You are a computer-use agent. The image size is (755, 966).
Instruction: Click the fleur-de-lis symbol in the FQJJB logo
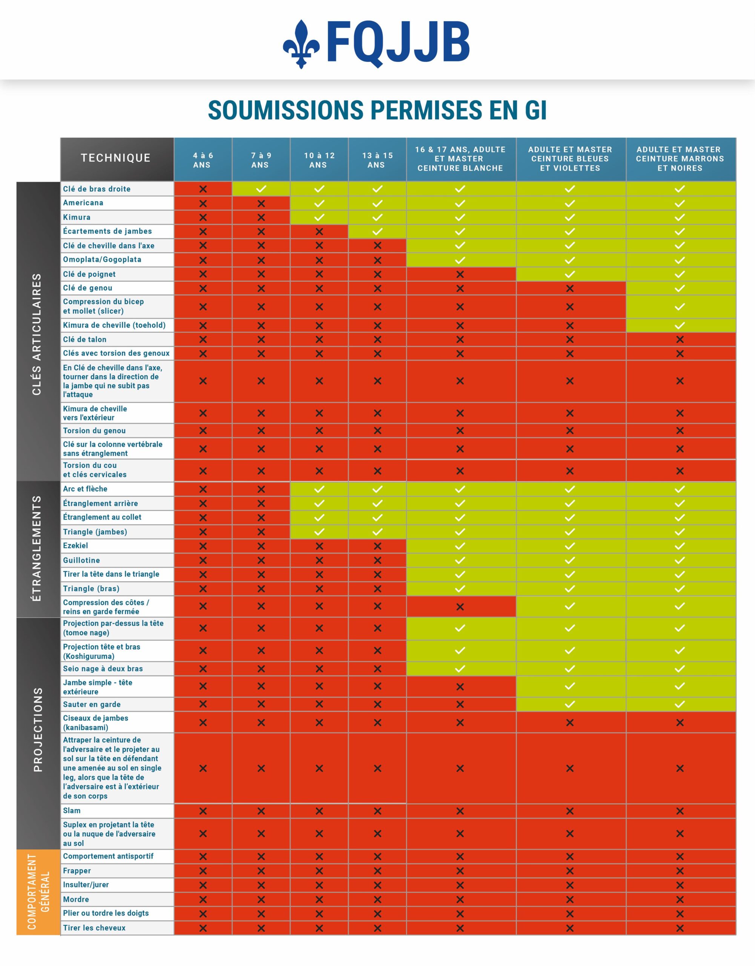[x=301, y=44]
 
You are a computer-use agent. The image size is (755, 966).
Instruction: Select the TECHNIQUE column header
[x=116, y=158]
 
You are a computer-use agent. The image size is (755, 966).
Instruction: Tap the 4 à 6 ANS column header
[x=203, y=160]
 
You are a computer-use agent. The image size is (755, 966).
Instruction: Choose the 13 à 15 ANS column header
[x=377, y=160]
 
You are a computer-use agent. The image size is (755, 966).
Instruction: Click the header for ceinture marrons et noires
[x=680, y=159]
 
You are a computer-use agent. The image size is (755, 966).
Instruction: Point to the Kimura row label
[x=77, y=217]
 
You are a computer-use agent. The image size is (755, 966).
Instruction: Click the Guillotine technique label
[x=81, y=560]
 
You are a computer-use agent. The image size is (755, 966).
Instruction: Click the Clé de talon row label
[x=84, y=339]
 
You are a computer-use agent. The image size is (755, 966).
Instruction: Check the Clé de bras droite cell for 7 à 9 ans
[x=261, y=189]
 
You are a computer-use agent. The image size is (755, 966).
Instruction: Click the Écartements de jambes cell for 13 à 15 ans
[x=377, y=231]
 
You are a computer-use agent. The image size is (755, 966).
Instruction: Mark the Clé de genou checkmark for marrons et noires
[x=680, y=288]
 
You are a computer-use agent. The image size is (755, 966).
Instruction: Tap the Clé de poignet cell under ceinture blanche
[x=460, y=274]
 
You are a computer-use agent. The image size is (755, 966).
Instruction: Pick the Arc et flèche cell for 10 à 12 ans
[x=319, y=489]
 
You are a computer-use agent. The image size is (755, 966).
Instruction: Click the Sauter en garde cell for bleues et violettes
[x=570, y=704]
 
